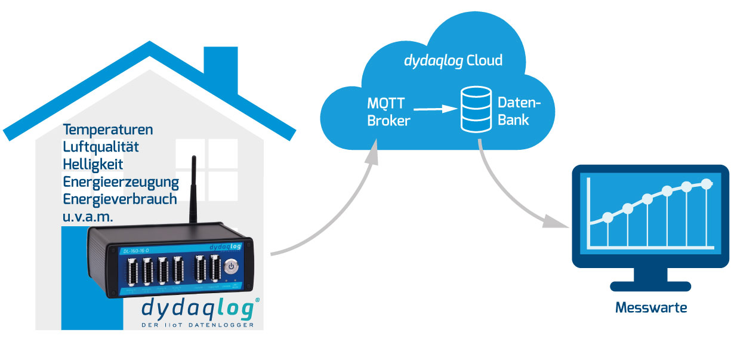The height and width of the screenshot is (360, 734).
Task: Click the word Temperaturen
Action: coord(108,130)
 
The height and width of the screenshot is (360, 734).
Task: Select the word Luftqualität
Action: coord(101,147)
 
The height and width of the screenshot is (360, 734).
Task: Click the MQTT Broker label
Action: coord(388,112)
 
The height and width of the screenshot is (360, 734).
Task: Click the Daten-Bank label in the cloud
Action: coord(519,111)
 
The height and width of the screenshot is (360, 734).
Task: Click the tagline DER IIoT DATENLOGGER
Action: coord(198,325)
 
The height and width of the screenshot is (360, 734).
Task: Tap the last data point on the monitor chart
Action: coord(707,183)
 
